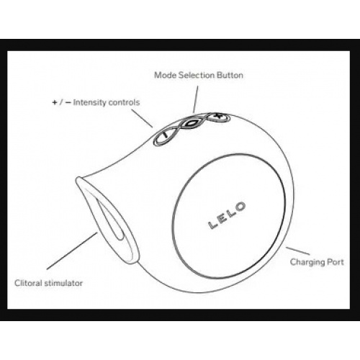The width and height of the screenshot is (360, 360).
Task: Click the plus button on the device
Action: (218, 117)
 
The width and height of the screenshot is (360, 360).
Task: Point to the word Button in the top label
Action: (230, 75)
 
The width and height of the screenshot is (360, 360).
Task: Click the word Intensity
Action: (89, 102)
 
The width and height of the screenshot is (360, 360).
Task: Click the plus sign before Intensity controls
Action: (55, 103)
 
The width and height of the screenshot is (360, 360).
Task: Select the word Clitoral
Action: (29, 283)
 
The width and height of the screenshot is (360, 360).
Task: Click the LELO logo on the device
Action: (227, 215)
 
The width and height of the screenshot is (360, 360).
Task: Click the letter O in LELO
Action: (240, 207)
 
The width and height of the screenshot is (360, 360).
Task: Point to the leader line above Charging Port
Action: (297, 251)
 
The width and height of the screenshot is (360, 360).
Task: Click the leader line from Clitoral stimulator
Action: (72, 251)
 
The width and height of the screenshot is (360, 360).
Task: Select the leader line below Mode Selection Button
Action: (196, 99)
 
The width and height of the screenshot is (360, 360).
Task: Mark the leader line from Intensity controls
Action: (142, 118)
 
